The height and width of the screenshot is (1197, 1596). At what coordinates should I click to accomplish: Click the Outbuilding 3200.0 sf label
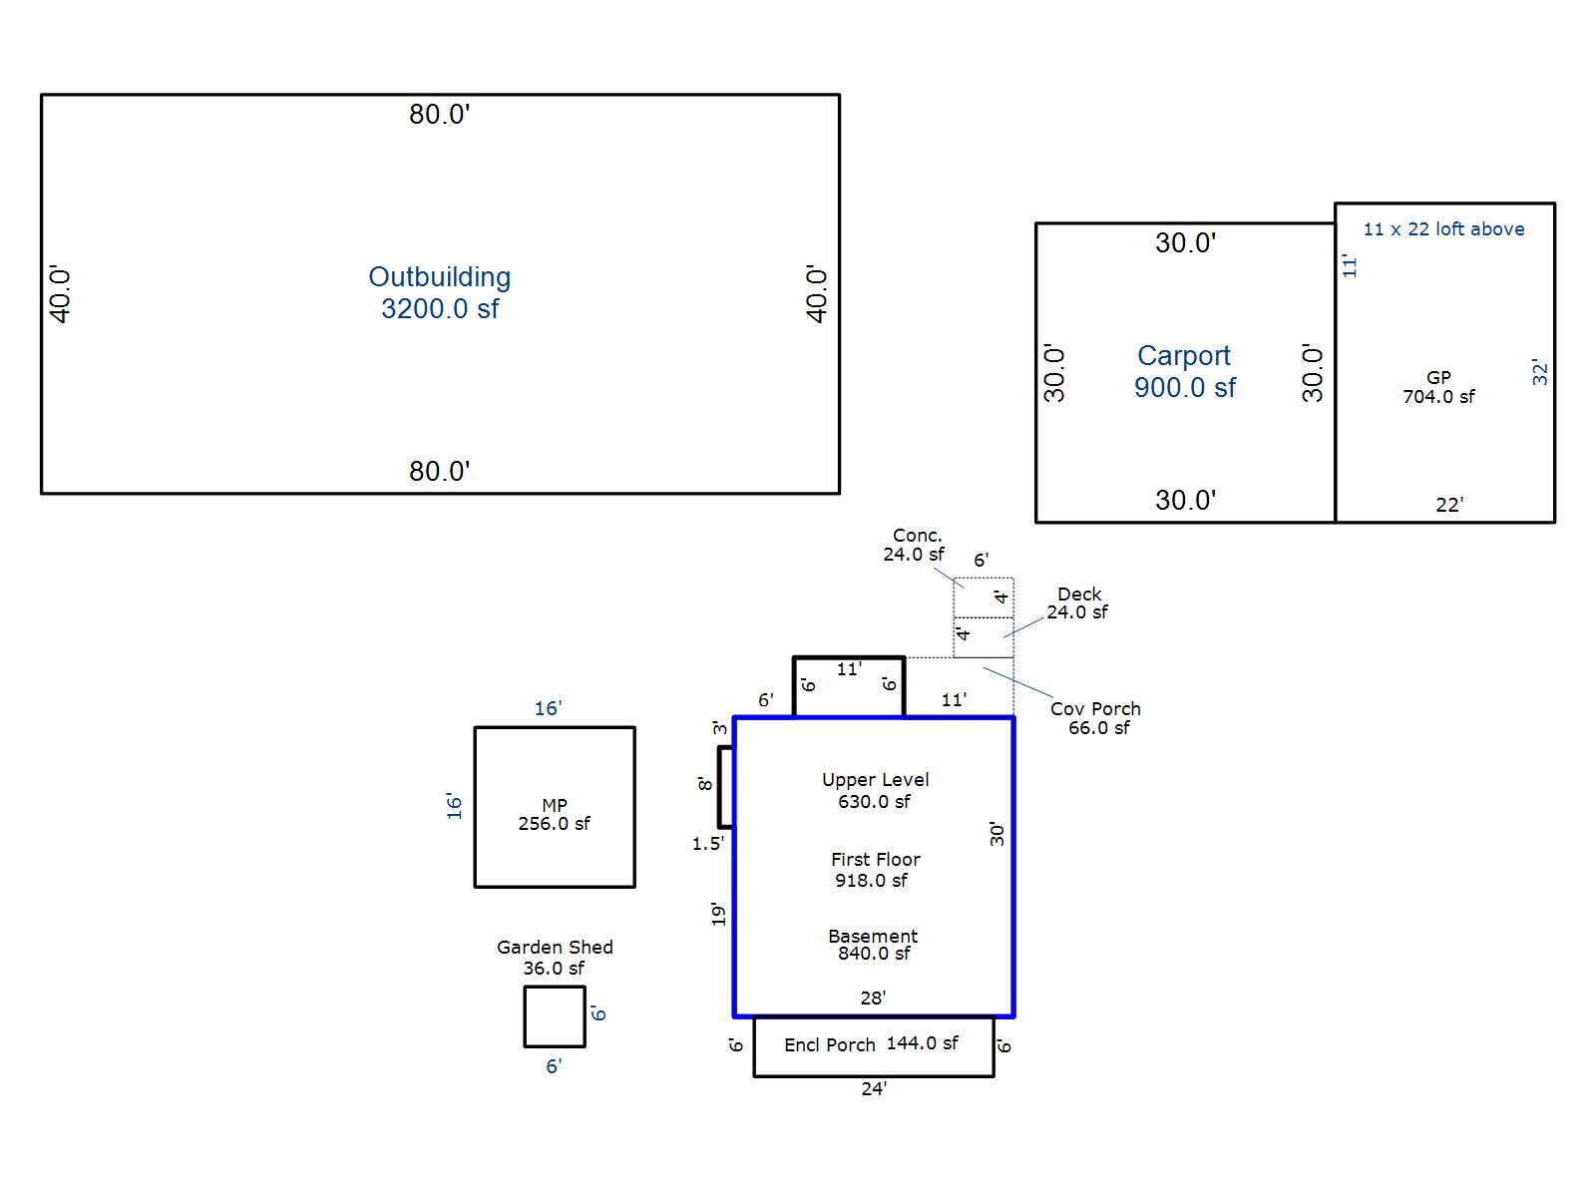tap(439, 292)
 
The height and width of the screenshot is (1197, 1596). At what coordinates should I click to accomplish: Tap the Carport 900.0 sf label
tap(1184, 371)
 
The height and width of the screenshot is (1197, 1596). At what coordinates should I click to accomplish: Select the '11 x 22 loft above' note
tap(1443, 229)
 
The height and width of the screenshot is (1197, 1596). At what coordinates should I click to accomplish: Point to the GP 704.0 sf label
tap(1438, 387)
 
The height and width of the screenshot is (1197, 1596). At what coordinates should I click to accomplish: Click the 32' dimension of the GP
tap(1539, 371)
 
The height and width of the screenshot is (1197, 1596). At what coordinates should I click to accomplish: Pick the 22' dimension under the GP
tap(1449, 505)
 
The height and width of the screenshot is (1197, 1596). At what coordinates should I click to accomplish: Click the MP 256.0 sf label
tap(554, 814)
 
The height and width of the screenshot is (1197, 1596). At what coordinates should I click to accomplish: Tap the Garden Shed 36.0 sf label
tap(555, 958)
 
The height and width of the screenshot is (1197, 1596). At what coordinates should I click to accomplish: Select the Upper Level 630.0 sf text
tap(875, 790)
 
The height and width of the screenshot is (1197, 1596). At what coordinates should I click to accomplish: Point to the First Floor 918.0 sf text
tap(875, 869)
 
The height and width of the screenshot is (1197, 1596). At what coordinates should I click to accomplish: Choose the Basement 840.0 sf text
tap(873, 944)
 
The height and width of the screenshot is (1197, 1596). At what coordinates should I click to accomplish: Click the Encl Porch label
tap(829, 1044)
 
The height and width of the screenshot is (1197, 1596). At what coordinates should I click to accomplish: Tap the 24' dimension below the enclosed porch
tap(873, 1088)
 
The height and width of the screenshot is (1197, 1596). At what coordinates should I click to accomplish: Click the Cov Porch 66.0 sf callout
tap(1095, 718)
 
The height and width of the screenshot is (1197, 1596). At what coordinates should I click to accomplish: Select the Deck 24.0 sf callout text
tap(1077, 603)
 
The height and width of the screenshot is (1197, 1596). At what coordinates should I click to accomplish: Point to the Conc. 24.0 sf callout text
tap(914, 545)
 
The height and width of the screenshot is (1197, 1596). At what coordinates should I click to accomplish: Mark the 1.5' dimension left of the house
tap(707, 843)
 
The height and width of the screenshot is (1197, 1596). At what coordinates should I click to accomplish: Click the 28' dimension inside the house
tap(873, 997)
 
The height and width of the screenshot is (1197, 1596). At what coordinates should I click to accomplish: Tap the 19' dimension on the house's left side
tap(718, 915)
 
